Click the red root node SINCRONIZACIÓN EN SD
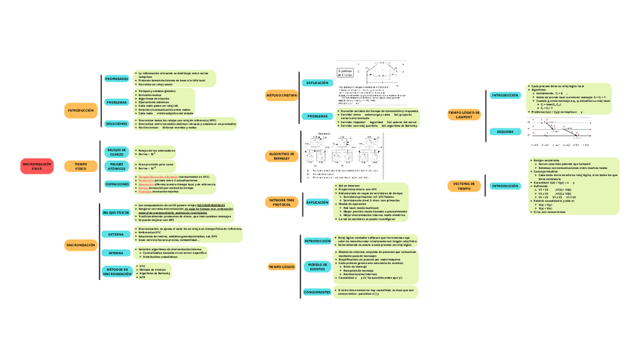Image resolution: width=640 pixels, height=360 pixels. (37, 165)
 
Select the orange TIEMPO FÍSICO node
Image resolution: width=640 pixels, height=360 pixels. (81, 165)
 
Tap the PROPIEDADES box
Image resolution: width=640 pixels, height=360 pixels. (116, 78)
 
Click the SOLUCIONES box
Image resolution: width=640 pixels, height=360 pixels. (116, 123)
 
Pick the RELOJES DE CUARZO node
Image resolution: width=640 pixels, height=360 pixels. (116, 152)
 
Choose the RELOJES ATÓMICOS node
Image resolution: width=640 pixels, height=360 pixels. (116, 165)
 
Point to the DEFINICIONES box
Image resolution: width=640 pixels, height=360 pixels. (116, 183)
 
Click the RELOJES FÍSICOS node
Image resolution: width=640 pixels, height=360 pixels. (116, 213)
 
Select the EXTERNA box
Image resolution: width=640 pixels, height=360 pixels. (116, 235)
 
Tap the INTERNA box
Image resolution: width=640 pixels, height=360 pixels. (116, 253)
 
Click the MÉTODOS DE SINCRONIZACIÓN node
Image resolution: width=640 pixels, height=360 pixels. (116, 272)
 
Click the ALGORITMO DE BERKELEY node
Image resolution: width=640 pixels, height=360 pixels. (281, 156)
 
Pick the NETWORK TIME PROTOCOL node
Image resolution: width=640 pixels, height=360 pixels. (281, 202)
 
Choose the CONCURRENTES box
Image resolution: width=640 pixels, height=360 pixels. (317, 292)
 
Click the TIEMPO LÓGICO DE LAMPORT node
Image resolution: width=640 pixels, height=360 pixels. (464, 114)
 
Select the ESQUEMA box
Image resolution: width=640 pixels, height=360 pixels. (505, 131)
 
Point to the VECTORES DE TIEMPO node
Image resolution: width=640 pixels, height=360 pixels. (464, 186)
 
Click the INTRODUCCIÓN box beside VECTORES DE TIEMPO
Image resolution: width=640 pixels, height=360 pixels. (505, 186)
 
